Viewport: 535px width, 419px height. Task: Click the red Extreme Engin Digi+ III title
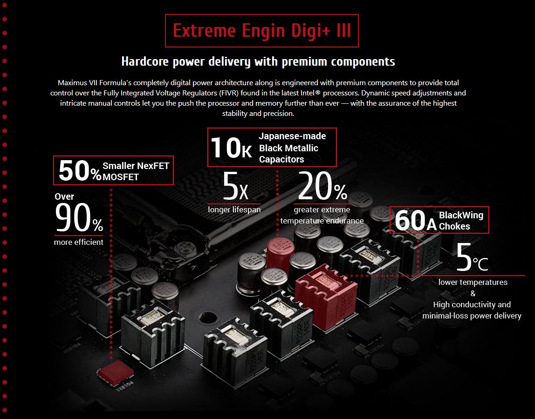click(262, 31)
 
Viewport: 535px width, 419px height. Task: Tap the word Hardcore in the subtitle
click(145, 62)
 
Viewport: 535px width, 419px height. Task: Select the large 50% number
click(80, 170)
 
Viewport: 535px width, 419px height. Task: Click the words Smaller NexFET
click(136, 166)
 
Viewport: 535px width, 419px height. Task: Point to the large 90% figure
click(79, 218)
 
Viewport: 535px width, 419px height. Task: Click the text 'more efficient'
click(78, 242)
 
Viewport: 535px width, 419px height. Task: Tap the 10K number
click(231, 148)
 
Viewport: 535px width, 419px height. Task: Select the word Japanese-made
click(292, 136)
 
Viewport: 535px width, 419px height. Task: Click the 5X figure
click(235, 187)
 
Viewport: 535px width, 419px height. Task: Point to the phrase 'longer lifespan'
click(234, 209)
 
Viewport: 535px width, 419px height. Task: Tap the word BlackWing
click(461, 215)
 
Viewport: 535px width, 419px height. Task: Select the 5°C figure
click(472, 257)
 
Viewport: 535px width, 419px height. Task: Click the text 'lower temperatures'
click(473, 282)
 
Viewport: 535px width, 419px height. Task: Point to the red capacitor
click(280, 254)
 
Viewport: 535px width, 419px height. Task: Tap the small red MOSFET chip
click(116, 372)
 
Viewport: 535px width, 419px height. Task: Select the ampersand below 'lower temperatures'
click(473, 293)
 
